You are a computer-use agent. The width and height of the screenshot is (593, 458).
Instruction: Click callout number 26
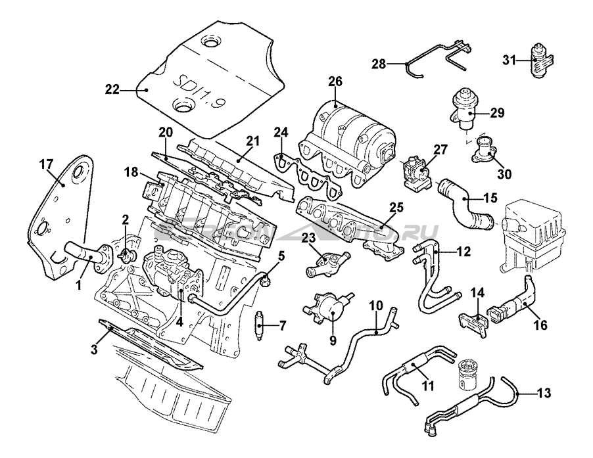[335, 81]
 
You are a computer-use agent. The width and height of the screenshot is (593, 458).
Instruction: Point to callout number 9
[333, 340]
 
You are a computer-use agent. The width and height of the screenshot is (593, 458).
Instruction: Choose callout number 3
[94, 350]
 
